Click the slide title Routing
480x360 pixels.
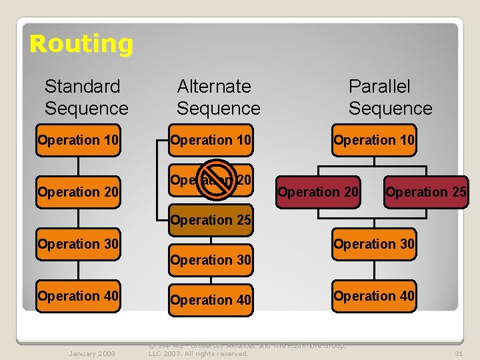(x=81, y=44)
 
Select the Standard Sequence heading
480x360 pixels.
(x=86, y=97)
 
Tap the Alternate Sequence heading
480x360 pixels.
(x=218, y=97)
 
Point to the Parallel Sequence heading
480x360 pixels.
(x=390, y=97)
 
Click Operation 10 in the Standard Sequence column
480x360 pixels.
(x=78, y=140)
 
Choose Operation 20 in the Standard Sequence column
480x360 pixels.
(x=78, y=192)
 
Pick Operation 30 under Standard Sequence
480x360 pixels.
(x=78, y=244)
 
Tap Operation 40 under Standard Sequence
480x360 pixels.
(x=78, y=296)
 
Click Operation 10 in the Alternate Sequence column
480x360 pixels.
(x=211, y=140)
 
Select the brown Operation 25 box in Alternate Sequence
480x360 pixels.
(x=211, y=220)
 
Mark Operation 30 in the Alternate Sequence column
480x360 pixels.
(x=211, y=260)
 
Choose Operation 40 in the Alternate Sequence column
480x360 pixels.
(x=211, y=300)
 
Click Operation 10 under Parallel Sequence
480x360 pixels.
(x=374, y=140)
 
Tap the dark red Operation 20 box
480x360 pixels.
(x=318, y=192)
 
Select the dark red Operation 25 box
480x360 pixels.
(x=425, y=192)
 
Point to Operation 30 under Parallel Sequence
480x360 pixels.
(x=374, y=244)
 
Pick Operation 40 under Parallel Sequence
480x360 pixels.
(x=374, y=296)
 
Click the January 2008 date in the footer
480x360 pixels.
(x=91, y=353)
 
